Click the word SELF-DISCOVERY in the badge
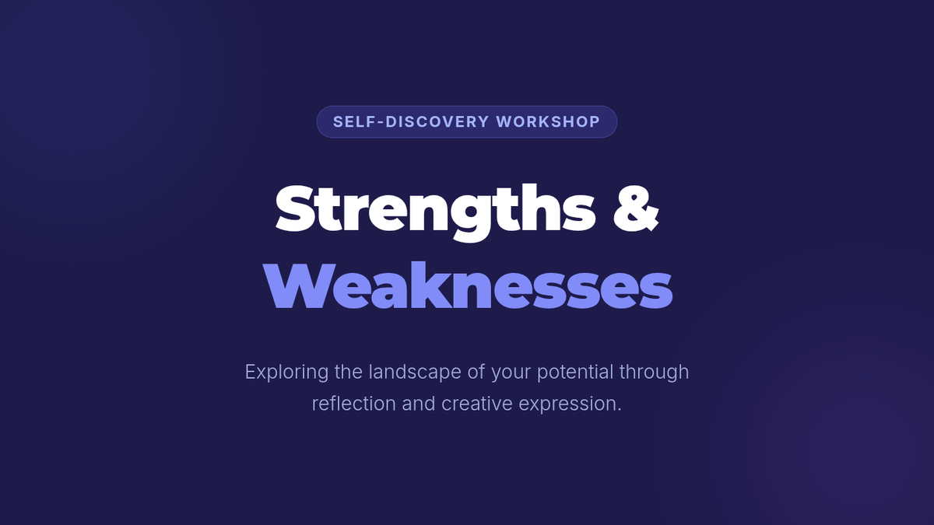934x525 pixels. point(411,121)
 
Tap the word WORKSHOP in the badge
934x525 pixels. point(548,121)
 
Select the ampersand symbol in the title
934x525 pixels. point(636,208)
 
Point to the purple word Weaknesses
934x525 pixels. point(468,286)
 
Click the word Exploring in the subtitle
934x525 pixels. point(287,372)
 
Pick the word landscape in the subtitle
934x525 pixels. point(415,372)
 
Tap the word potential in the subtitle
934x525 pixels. point(575,372)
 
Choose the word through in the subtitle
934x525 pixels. point(654,372)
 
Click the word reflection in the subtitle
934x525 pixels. point(353,404)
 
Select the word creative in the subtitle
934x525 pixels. point(476,404)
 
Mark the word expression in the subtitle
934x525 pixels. point(570,404)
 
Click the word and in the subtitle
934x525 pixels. point(419,404)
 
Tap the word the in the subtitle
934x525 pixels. point(349,372)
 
